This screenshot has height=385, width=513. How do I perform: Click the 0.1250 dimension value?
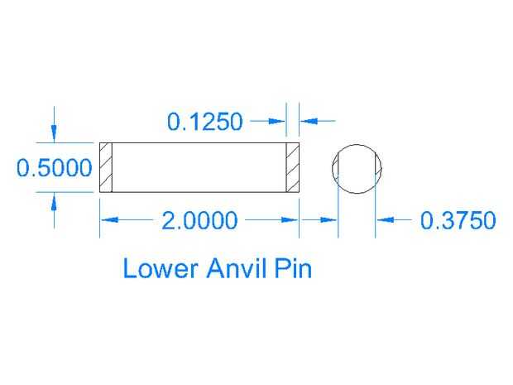(x=205, y=122)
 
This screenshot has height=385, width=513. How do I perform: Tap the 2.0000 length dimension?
(x=199, y=221)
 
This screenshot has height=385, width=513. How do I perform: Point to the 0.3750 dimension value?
(x=458, y=221)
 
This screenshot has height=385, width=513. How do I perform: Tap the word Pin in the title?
(x=295, y=268)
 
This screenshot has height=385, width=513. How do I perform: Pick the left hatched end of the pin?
(x=106, y=168)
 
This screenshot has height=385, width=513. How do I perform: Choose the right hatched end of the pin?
(x=291, y=168)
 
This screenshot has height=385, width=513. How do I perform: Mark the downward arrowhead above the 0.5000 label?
(x=54, y=135)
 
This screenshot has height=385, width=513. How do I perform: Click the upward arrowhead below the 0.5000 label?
(x=54, y=200)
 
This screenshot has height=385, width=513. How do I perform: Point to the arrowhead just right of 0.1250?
(x=279, y=122)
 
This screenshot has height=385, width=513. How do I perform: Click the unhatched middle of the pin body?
(x=199, y=168)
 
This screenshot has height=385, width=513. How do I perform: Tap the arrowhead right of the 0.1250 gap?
(x=305, y=122)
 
